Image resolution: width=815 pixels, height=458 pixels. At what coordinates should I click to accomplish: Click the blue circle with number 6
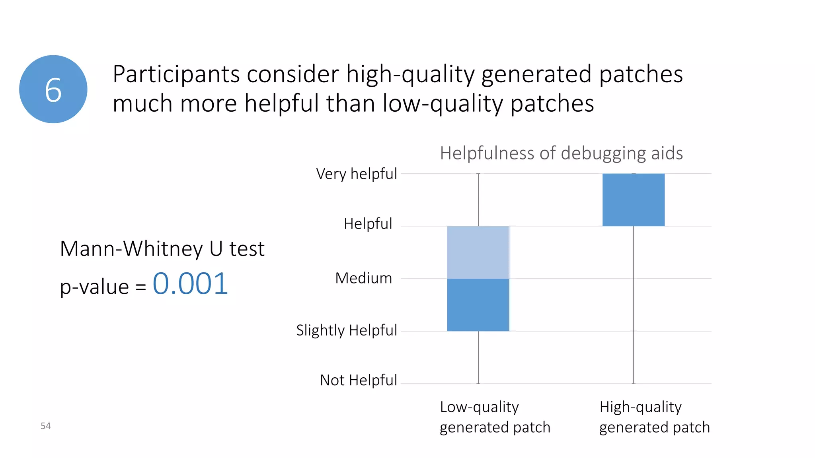(x=53, y=89)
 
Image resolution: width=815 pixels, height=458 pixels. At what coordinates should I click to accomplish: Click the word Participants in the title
(x=175, y=74)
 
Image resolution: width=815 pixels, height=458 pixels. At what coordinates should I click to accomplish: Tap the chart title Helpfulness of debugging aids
(x=561, y=153)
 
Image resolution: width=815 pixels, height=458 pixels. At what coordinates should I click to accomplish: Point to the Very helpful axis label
(x=357, y=174)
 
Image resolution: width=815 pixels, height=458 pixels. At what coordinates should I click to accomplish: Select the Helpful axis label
(x=368, y=224)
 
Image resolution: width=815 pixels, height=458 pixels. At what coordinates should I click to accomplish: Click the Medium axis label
(x=364, y=278)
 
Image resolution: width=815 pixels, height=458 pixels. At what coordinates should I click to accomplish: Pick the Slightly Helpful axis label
(x=347, y=330)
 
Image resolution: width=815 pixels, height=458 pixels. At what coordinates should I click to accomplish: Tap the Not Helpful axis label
(x=359, y=380)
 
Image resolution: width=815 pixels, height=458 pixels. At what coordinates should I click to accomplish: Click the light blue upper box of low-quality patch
(x=478, y=252)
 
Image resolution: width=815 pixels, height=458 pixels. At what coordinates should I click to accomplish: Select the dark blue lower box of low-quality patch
(x=478, y=305)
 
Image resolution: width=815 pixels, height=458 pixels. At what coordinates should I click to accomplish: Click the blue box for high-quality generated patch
(x=634, y=200)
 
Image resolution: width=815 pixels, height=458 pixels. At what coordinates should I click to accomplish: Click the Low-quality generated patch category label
(x=495, y=417)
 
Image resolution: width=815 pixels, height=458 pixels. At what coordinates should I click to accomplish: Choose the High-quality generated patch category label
(x=654, y=417)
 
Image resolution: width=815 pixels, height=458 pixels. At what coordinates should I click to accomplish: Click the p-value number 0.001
(x=190, y=284)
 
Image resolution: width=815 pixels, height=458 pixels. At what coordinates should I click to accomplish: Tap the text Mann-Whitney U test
(x=162, y=249)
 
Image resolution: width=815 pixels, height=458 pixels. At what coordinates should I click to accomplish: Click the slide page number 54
(x=46, y=426)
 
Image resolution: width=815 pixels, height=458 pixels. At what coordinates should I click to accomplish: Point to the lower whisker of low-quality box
(x=478, y=357)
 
